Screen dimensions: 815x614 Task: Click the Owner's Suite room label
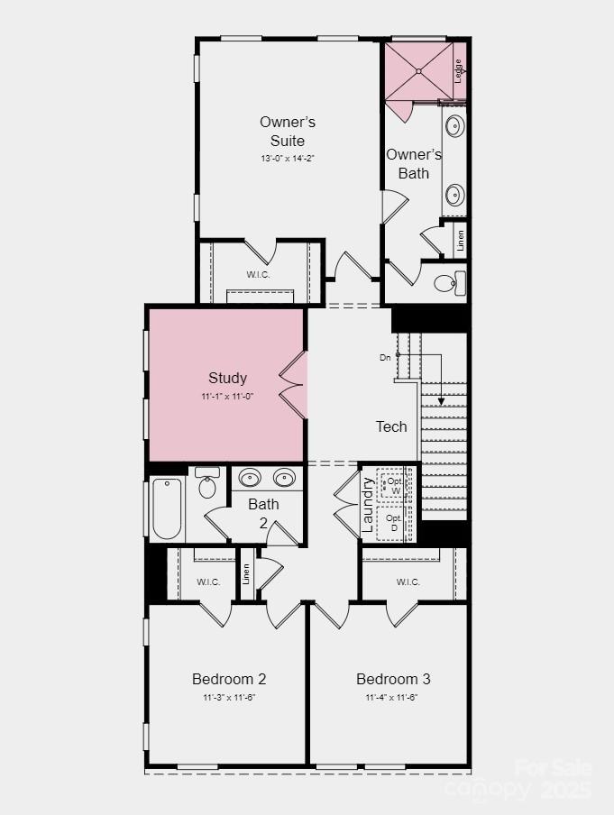(x=288, y=131)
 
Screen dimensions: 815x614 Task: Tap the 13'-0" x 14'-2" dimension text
(x=288, y=159)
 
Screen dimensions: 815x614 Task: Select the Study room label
(x=227, y=378)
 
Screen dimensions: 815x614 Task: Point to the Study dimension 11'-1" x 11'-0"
(x=227, y=397)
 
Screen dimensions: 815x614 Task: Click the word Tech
(x=391, y=426)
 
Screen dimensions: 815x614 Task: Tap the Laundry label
(x=368, y=504)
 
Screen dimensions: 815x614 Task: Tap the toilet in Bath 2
(x=207, y=485)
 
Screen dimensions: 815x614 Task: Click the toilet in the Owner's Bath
(x=447, y=284)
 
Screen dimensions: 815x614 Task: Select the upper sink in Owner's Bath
(x=455, y=124)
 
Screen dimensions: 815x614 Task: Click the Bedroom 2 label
(x=229, y=679)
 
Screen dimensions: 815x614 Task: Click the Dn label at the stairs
(x=385, y=357)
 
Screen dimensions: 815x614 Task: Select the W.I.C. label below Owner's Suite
(x=259, y=274)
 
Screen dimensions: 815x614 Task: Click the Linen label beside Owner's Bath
(x=461, y=240)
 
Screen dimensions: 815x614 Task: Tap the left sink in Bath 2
(x=250, y=478)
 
